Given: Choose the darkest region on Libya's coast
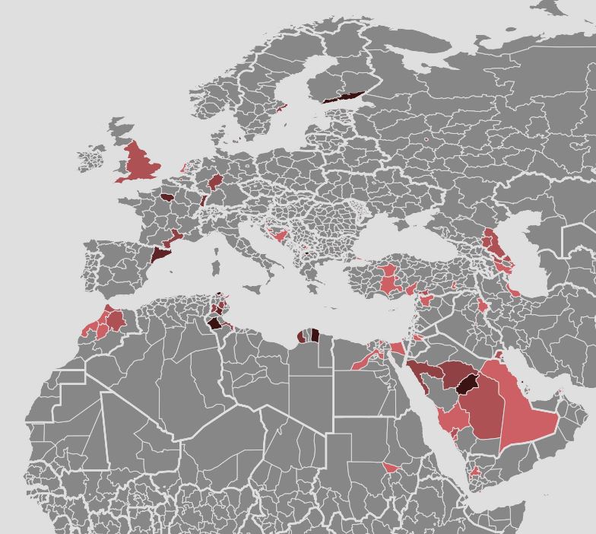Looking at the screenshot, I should (314, 335).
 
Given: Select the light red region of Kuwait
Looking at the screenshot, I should (499, 355).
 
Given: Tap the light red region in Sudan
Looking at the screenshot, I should (392, 467).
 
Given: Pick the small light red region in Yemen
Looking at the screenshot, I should (476, 472).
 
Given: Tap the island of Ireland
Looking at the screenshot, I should (92, 160).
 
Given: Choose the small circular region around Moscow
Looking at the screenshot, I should (426, 140).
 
